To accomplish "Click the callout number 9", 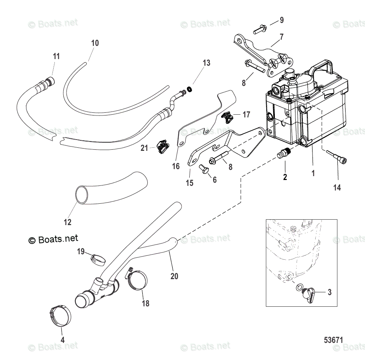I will pyautogui.click(x=281, y=20).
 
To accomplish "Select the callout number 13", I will pyautogui.click(x=206, y=63).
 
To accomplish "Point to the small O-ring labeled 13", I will pyautogui.click(x=189, y=90).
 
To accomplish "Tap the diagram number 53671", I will pyautogui.click(x=334, y=339).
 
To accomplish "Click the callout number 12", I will pyautogui.click(x=68, y=222).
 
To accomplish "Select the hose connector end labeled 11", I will pyautogui.click(x=49, y=82).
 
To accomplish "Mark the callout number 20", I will pyautogui.click(x=174, y=276).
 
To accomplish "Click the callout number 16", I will pyautogui.click(x=176, y=166).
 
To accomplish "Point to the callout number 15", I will pyautogui.click(x=189, y=183).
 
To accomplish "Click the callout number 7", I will pyautogui.click(x=281, y=37).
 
